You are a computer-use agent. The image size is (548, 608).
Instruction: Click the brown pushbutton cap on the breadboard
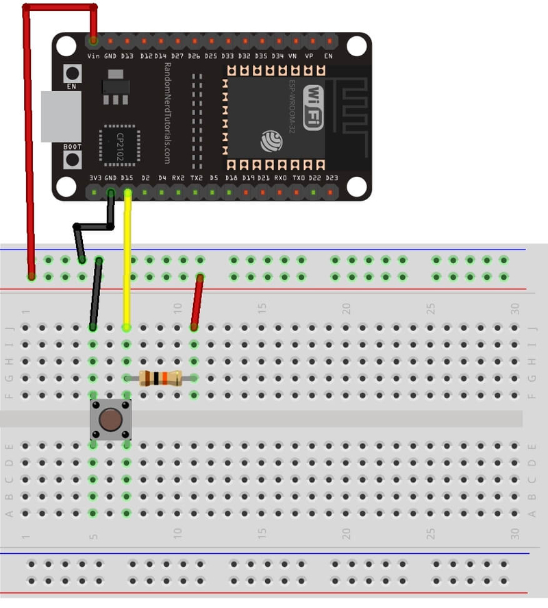point(110,419)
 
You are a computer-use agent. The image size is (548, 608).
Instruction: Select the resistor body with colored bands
point(160,378)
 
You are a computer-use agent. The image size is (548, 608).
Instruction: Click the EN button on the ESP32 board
point(72,73)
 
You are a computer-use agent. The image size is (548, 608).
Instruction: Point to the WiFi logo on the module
point(313,107)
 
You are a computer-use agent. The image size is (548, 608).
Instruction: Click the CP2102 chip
point(120,145)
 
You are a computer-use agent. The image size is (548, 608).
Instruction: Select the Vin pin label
point(93,56)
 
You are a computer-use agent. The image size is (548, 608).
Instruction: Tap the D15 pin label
point(127,178)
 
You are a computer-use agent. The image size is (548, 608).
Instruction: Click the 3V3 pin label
point(95,178)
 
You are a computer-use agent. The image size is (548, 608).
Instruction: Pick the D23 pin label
point(332,178)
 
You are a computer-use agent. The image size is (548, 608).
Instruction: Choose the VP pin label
point(309,56)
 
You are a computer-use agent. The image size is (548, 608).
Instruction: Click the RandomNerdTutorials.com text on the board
point(166,113)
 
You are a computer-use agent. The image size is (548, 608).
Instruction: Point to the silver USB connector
point(60,117)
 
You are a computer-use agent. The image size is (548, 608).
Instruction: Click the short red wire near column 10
point(197,302)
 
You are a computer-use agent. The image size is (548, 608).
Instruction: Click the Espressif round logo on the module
point(271,141)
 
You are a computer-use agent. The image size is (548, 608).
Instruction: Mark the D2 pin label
point(145,178)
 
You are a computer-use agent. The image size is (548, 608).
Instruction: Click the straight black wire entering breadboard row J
point(96,295)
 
